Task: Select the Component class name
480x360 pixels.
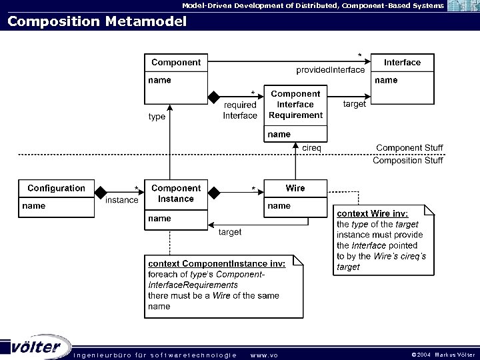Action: pyautogui.click(x=176, y=63)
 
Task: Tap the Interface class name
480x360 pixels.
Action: pyautogui.click(x=402, y=63)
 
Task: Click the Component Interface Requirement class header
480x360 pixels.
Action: pyautogui.click(x=295, y=105)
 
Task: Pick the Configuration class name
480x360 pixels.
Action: pyautogui.click(x=56, y=189)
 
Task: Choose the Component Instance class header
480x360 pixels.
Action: pyautogui.click(x=176, y=193)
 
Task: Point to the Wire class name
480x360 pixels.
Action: pyautogui.click(x=295, y=189)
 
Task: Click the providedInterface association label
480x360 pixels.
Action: pyautogui.click(x=331, y=70)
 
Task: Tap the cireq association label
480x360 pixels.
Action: pyautogui.click(x=312, y=147)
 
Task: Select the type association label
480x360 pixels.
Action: pyautogui.click(x=157, y=117)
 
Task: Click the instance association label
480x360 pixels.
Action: pyautogui.click(x=122, y=200)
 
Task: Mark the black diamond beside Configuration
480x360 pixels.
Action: pyautogui.click(x=101, y=193)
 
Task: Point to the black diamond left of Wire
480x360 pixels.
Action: pyautogui.click(x=214, y=193)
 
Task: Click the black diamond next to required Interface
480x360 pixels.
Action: pyautogui.click(x=215, y=97)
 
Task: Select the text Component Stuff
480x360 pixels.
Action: pyautogui.click(x=409, y=148)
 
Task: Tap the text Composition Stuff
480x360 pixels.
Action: pyautogui.click(x=407, y=161)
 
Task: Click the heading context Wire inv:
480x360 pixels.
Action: pyautogui.click(x=371, y=213)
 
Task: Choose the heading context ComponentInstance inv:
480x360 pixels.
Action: pyautogui.click(x=217, y=263)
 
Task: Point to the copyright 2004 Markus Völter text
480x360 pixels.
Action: pyautogui.click(x=443, y=355)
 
